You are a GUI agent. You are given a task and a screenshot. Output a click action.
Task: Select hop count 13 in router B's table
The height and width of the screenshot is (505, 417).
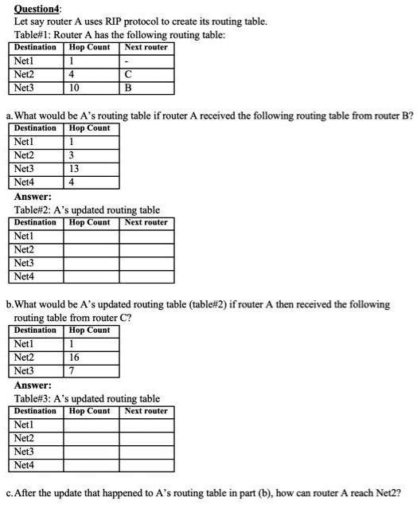[x=75, y=169]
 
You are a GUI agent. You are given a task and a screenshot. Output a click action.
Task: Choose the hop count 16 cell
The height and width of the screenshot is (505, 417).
[x=75, y=358]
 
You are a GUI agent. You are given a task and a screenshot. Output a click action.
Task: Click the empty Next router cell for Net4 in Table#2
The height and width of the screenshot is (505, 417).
[x=146, y=276]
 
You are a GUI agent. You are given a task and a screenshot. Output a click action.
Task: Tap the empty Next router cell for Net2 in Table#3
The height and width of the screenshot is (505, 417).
[x=146, y=438]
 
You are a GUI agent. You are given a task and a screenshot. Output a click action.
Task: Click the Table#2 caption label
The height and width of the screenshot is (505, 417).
[x=35, y=210]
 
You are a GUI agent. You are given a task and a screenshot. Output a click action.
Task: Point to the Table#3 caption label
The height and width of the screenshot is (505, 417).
[x=35, y=398]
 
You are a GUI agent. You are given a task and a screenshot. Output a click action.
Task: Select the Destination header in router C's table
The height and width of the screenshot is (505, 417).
[x=36, y=331]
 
